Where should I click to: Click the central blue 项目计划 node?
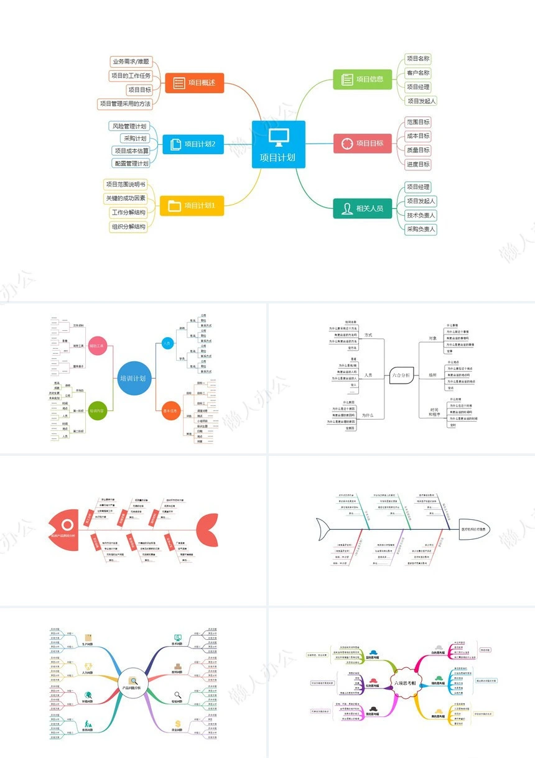(x=278, y=144)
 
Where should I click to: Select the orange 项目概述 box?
(x=194, y=82)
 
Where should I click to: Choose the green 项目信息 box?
(x=363, y=79)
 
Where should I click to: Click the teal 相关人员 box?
(x=363, y=208)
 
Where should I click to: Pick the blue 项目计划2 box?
(x=193, y=144)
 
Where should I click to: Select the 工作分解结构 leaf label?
(x=129, y=213)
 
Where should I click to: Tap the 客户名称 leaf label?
(x=418, y=73)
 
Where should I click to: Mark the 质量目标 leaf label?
(x=418, y=150)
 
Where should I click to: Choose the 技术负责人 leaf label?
(x=421, y=215)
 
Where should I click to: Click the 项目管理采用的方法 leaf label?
(x=125, y=104)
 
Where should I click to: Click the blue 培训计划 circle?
(x=134, y=377)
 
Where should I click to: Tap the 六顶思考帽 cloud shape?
(x=406, y=683)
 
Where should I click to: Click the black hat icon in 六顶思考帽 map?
(x=373, y=709)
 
